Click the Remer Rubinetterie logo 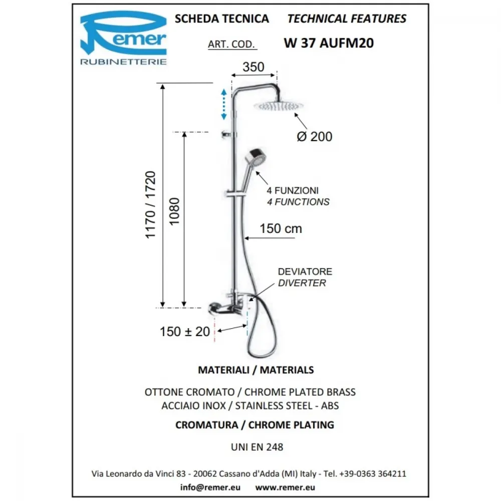pyautogui.click(x=123, y=38)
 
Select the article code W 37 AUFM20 pyautogui.click(x=329, y=43)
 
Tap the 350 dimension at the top pyautogui.click(x=254, y=67)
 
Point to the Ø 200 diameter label pyautogui.click(x=315, y=136)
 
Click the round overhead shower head pyautogui.click(x=278, y=106)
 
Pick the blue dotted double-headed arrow pyautogui.click(x=223, y=105)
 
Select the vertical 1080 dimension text pyautogui.click(x=174, y=211)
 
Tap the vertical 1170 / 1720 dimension pyautogui.click(x=150, y=205)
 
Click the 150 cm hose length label pyautogui.click(x=281, y=229)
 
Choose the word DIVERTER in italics pyautogui.click(x=302, y=283)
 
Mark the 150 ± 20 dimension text pyautogui.click(x=185, y=332)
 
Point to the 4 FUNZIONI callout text pyautogui.click(x=293, y=191)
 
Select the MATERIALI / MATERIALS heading pyautogui.click(x=256, y=370)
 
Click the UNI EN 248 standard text pyautogui.click(x=257, y=447)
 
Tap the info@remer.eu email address pyautogui.click(x=210, y=487)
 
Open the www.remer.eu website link pyautogui.click(x=285, y=487)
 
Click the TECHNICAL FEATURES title pyautogui.click(x=347, y=19)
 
